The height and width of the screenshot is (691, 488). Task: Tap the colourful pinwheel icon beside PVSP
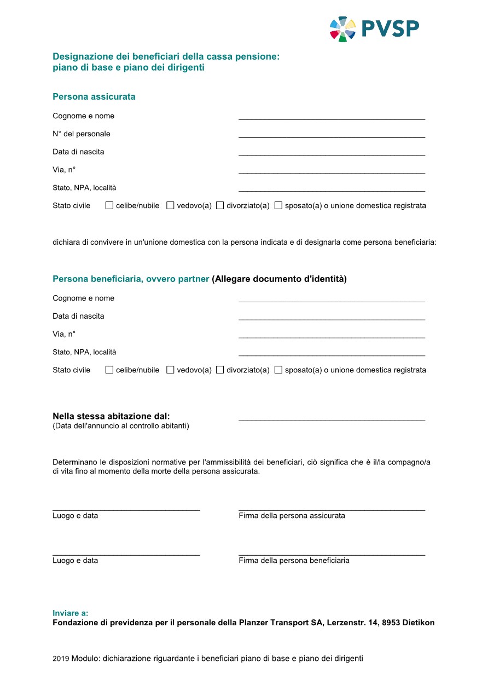[342, 28]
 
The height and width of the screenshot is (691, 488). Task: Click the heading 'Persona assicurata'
[94, 97]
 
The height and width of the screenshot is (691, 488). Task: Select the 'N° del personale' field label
[81, 134]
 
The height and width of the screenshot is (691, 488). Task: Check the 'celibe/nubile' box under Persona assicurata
[109, 206]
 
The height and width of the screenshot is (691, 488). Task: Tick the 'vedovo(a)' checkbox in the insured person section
[170, 206]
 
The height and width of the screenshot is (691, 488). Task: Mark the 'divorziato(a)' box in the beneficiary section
[220, 370]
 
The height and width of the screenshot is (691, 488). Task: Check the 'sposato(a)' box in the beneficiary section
[278, 370]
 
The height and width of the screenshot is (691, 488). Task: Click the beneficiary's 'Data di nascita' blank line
[332, 318]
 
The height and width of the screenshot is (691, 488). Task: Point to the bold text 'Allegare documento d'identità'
[279, 279]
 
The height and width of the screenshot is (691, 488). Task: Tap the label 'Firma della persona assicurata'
[292, 516]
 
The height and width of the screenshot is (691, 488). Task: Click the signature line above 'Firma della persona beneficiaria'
[332, 554]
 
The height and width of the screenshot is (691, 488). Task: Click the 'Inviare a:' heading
[70, 613]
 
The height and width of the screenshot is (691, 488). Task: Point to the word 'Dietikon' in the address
[419, 623]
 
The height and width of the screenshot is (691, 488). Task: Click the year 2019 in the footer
[61, 659]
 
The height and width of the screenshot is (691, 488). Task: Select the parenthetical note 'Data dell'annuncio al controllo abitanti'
[121, 426]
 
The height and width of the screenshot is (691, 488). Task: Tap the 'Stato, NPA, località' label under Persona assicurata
[84, 188]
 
